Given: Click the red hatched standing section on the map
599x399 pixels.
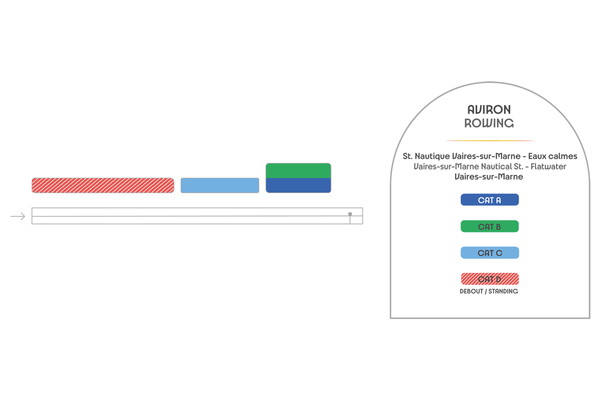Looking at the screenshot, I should point(103,185).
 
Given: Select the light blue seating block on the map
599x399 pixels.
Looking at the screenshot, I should point(220,185).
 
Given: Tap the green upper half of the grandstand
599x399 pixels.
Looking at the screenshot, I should point(299,171).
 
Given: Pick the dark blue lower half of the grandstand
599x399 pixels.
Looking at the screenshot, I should point(299,186).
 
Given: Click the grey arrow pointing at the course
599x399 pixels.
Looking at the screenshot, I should point(18,216).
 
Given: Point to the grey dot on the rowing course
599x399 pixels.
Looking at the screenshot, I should point(350,214).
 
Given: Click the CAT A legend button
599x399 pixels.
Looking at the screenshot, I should point(490,200).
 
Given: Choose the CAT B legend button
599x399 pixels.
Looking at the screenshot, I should point(490,226).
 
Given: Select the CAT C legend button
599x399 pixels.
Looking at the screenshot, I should point(490,253).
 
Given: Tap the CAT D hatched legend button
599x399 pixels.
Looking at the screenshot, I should point(490,279).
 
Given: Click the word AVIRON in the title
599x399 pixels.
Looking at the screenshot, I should point(489,110).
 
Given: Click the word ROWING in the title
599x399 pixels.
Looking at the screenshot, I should point(489,123).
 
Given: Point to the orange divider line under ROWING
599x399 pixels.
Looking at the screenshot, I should point(490,141).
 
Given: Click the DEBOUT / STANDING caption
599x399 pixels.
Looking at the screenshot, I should point(489,291).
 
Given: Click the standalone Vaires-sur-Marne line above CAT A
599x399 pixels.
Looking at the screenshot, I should point(489,177).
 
